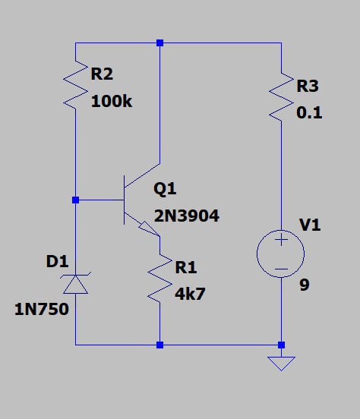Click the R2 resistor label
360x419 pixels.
click(x=102, y=74)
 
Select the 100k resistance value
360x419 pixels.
click(x=112, y=102)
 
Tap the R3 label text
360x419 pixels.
click(x=308, y=86)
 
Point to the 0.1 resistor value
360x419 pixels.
click(x=309, y=112)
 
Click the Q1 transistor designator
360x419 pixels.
click(x=165, y=189)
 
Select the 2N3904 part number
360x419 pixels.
click(x=186, y=216)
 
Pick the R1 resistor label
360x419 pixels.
click(x=186, y=267)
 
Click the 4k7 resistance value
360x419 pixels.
click(x=190, y=294)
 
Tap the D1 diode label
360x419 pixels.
click(x=57, y=261)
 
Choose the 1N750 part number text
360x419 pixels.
click(x=42, y=310)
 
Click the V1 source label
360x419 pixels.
click(x=310, y=225)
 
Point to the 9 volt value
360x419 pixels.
click(x=305, y=285)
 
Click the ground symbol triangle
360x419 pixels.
click(x=281, y=364)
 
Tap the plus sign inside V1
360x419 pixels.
click(x=281, y=239)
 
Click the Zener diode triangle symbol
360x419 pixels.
click(x=75, y=285)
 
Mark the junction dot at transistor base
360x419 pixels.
click(x=75, y=200)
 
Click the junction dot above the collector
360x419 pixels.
click(x=159, y=43)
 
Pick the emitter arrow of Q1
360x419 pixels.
click(x=149, y=228)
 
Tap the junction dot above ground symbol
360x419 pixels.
click(x=281, y=345)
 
